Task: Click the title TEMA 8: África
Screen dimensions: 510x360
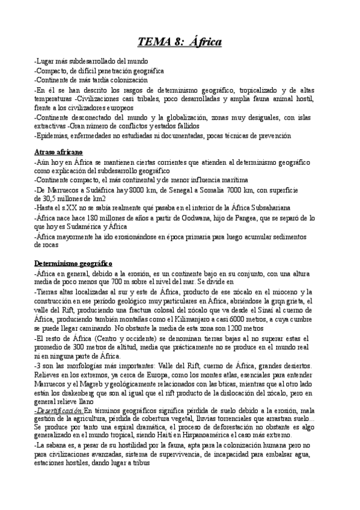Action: point(180,41)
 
